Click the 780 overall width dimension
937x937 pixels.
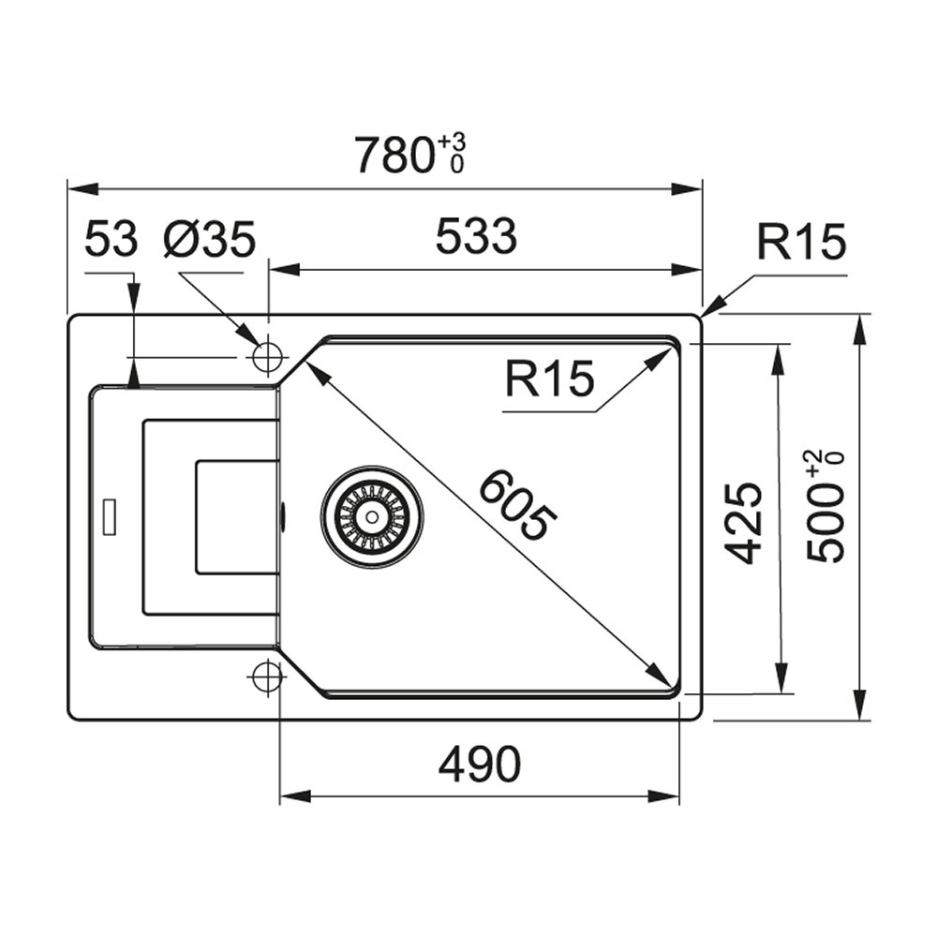(394, 156)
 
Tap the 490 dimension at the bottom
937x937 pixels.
(480, 766)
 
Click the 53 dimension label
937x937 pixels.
(111, 240)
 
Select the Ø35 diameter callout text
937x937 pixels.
(208, 240)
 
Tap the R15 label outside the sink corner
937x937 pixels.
(801, 243)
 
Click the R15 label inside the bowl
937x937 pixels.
(549, 380)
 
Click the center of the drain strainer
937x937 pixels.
(372, 514)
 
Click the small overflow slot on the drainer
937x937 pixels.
(110, 516)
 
